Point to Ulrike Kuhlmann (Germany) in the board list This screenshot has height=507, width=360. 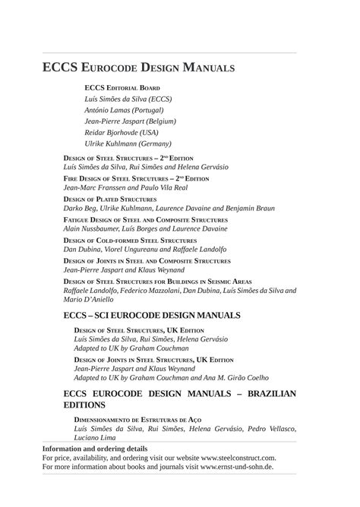128,143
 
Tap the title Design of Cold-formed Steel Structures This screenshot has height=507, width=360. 130,240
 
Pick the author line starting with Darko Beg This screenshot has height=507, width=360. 158,207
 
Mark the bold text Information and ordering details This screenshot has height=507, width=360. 95,449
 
